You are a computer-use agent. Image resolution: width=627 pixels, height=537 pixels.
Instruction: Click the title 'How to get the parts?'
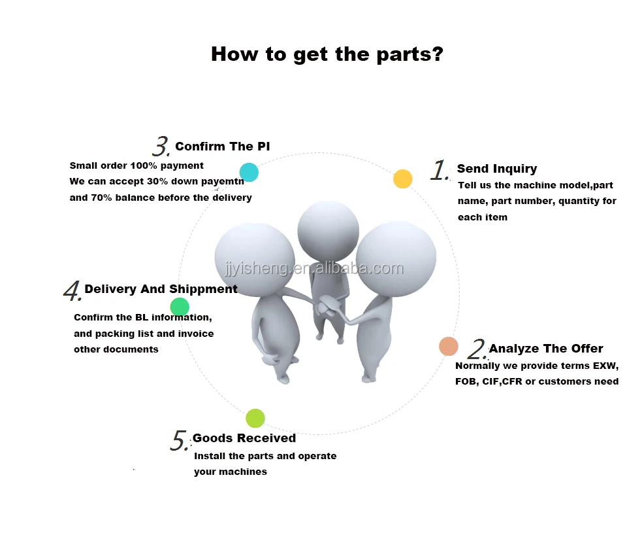[x=327, y=54]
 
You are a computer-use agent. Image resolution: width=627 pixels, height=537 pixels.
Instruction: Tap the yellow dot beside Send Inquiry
[x=403, y=179]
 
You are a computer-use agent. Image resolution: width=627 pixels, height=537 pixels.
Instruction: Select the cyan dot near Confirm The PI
[x=249, y=173]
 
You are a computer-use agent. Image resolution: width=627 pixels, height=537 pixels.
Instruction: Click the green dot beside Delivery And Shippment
[x=180, y=307]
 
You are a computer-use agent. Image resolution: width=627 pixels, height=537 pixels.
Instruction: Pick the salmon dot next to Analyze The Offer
[x=448, y=346]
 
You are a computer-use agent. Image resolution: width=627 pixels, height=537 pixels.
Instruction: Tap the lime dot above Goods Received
[x=255, y=419]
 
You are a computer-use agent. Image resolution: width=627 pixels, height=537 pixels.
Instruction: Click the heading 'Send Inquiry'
[x=497, y=169]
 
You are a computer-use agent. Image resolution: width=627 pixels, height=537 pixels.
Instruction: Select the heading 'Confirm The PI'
[x=222, y=147]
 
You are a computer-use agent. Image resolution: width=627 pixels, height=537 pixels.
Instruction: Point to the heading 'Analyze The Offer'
[x=546, y=349]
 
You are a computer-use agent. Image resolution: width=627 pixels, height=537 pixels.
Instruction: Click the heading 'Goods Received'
[x=244, y=438]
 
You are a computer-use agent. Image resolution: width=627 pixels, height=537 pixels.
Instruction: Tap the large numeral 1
[x=439, y=171]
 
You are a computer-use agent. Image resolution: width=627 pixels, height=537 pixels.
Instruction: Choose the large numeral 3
[x=161, y=146]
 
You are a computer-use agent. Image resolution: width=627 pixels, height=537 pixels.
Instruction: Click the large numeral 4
[x=72, y=291]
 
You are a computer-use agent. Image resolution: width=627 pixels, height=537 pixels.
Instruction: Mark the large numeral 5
[x=179, y=441]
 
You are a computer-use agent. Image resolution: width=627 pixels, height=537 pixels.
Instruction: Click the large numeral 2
[x=478, y=350]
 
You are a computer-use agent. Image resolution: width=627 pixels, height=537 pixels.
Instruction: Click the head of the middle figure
[x=328, y=230]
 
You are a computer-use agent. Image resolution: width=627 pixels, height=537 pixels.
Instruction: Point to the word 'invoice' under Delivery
[x=196, y=334]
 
